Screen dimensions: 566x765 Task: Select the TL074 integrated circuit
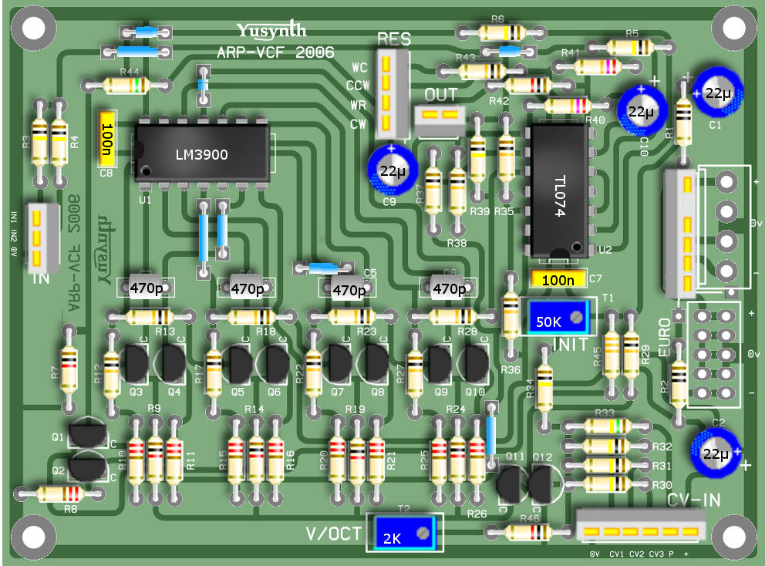pyautogui.click(x=559, y=191)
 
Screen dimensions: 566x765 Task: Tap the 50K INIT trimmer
pyautogui.click(x=558, y=316)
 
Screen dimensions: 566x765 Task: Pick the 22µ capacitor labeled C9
pyautogui.click(x=393, y=170)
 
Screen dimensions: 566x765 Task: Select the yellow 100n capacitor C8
pyautogui.click(x=107, y=136)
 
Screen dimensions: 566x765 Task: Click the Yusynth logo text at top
pyautogui.click(x=271, y=31)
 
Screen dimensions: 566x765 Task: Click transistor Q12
pyautogui.click(x=542, y=483)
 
